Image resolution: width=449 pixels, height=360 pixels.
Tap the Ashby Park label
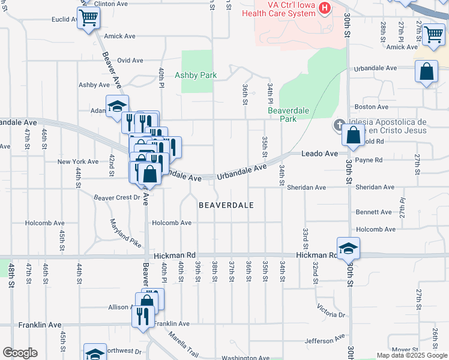pos(195,76)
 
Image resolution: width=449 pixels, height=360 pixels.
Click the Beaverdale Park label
pos(282,115)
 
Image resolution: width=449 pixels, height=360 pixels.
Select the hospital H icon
pos(325,8)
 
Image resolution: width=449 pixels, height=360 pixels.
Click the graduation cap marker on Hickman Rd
pos(348,248)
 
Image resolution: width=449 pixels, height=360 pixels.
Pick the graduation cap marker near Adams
pos(117,106)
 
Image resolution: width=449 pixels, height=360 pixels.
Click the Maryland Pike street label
pos(125,233)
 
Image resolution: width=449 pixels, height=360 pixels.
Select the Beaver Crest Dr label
pos(116,197)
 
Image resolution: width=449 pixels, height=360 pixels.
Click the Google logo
pos(20,353)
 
